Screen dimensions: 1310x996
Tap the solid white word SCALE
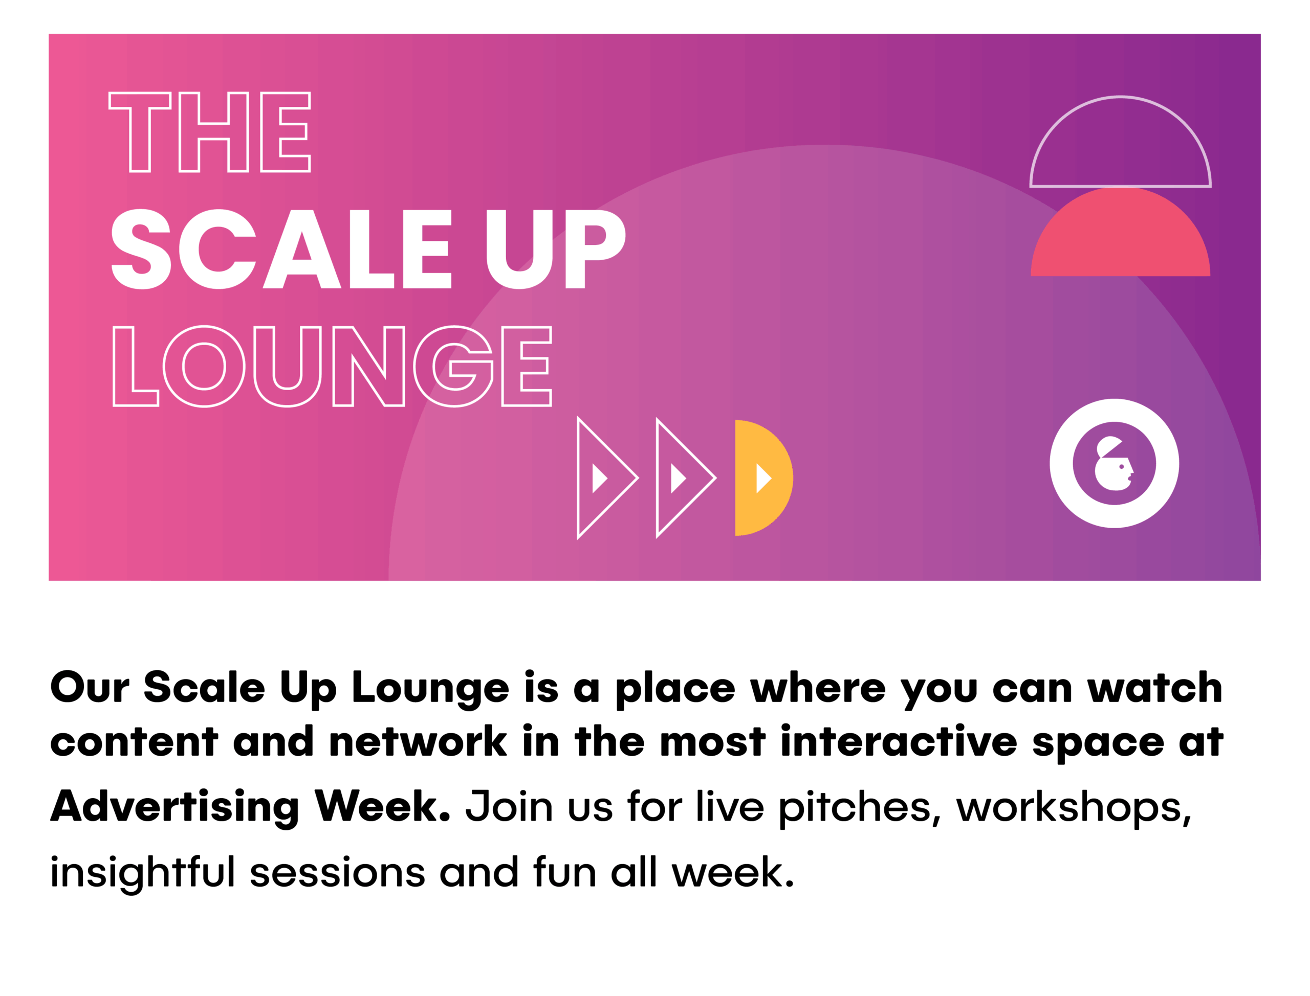point(282,249)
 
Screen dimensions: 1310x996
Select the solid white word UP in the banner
point(556,249)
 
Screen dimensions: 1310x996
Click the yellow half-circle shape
point(763,478)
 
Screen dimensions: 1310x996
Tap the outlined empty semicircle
point(1120,97)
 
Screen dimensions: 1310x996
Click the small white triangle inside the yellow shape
point(763,478)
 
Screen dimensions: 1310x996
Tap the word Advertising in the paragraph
point(175,807)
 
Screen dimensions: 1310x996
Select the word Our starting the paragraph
point(90,687)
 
